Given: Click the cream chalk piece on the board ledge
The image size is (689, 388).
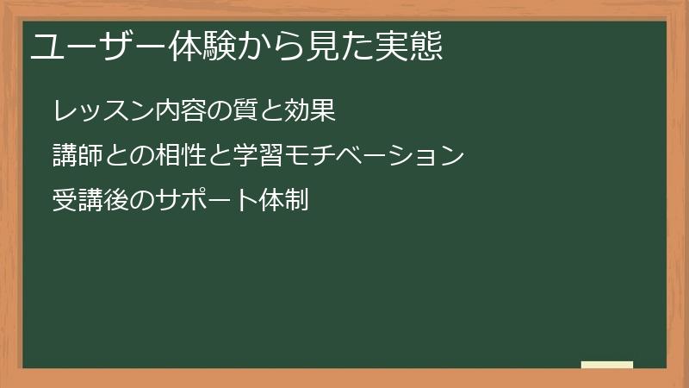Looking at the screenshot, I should [607, 365].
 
